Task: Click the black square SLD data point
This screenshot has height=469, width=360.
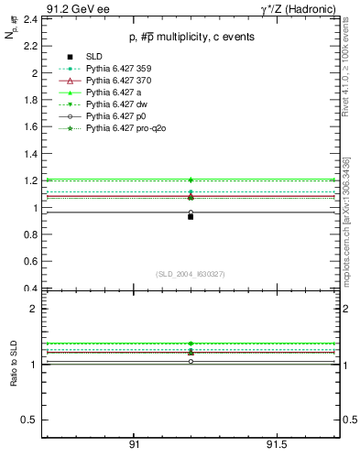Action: (191, 217)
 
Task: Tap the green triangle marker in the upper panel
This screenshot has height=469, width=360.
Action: (191, 180)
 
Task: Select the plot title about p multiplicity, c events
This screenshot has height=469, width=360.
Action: (190, 37)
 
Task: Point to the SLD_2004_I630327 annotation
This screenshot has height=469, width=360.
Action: (190, 274)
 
